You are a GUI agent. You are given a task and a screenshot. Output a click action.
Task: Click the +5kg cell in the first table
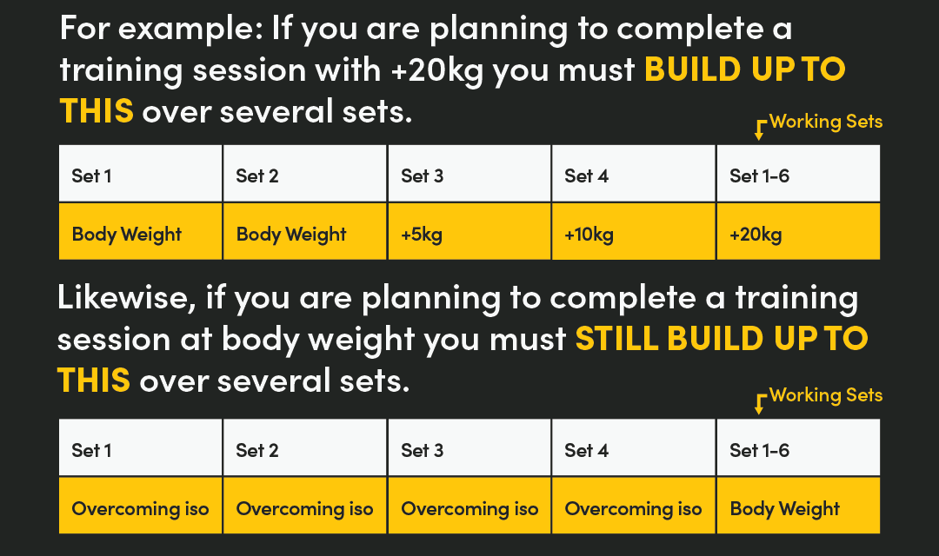pyautogui.click(x=469, y=232)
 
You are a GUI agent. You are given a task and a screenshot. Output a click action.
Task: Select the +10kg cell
pyautogui.click(x=634, y=232)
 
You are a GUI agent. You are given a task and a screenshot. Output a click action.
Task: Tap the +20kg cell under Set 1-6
pyautogui.click(x=798, y=232)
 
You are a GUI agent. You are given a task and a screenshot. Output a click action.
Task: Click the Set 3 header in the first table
pyautogui.click(x=469, y=175)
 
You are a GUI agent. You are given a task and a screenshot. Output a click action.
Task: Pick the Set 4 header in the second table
pyautogui.click(x=634, y=449)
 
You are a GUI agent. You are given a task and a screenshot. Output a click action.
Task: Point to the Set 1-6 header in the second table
pyautogui.click(x=798, y=449)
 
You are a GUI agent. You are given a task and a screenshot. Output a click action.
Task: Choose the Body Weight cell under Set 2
pyautogui.click(x=304, y=232)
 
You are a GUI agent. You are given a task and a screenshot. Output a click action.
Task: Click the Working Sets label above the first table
pyautogui.click(x=825, y=122)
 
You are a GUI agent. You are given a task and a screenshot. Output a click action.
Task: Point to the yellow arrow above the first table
pyautogui.click(x=759, y=129)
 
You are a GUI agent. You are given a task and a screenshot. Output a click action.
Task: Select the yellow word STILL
pyautogui.click(x=616, y=339)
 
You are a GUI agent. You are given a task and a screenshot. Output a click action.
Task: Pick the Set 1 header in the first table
pyautogui.click(x=140, y=175)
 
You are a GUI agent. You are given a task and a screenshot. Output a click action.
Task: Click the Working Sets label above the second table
pyautogui.click(x=825, y=395)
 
